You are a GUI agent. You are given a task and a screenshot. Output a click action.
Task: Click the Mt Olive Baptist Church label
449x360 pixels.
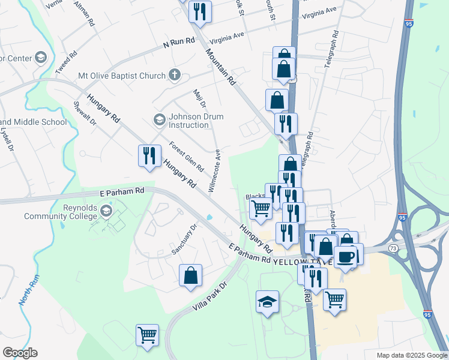click(121, 76)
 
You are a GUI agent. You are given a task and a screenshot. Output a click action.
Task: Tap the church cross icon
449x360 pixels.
click(175, 75)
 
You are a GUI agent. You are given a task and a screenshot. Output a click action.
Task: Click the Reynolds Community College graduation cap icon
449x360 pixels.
click(106, 211)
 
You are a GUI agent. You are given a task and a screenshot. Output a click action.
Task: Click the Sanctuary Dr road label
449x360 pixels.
click(184, 239)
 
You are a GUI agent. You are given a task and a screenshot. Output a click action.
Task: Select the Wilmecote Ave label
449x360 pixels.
click(214, 171)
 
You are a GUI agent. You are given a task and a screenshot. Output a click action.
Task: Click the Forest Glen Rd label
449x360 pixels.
click(186, 156)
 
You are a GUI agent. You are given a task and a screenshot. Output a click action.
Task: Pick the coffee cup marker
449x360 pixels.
click(345, 257)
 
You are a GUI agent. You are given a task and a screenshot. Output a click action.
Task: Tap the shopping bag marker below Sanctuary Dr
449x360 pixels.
click(190, 275)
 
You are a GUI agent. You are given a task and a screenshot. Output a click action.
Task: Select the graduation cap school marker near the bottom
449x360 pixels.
click(267, 302)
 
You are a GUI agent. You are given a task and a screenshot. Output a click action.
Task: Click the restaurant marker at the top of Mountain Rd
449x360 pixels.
click(199, 11)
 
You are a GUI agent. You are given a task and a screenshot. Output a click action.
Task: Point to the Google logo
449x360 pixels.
click(20, 353)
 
